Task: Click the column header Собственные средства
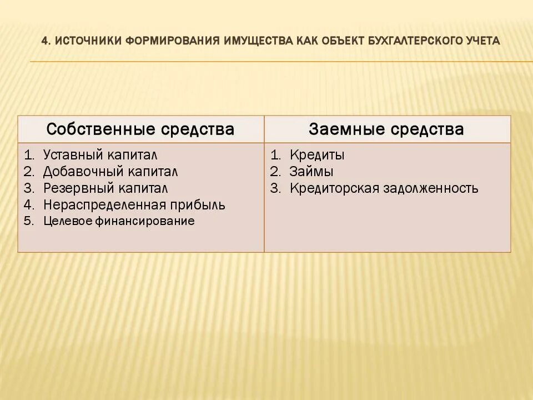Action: pos(140,129)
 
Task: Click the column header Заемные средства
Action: pos(386,129)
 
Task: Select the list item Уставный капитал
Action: pos(104,156)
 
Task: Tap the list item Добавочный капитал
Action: pos(110,172)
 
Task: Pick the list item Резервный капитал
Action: pos(105,188)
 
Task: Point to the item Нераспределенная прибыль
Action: pos(134,204)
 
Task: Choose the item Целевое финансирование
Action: pos(119,221)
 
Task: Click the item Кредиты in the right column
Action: pos(316,156)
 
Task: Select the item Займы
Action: pos(311,172)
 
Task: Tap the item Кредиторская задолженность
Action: pos(384,188)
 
